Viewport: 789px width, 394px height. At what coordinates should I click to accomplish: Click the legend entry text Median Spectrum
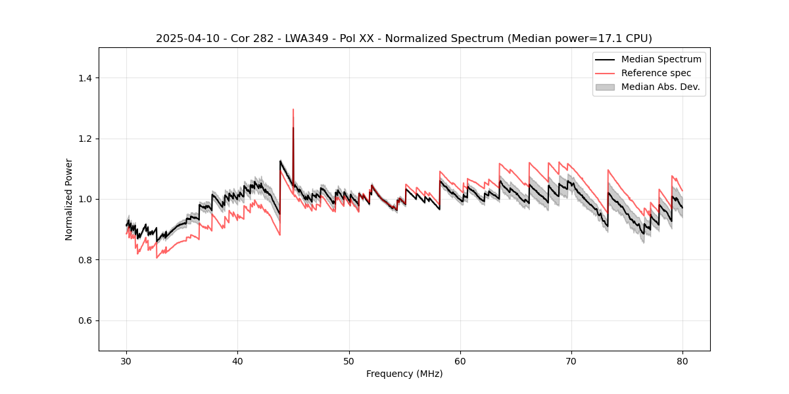tap(661, 59)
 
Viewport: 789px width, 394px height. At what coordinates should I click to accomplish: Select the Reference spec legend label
tap(656, 73)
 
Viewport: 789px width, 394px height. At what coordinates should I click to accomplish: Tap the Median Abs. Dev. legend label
tap(660, 87)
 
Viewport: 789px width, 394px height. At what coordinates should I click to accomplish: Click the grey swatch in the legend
tap(605, 87)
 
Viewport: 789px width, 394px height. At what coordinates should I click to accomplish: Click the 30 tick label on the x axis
tap(127, 361)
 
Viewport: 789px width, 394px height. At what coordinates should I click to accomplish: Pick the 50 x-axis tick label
tap(349, 361)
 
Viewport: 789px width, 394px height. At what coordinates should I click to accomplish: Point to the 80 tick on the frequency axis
tap(682, 361)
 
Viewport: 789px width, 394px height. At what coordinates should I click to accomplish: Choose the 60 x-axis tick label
tap(460, 361)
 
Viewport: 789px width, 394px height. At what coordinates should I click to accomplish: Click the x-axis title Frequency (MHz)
tap(404, 374)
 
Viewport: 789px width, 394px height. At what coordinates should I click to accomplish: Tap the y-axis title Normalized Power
tap(68, 199)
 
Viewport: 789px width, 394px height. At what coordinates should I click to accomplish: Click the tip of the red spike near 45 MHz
tap(293, 110)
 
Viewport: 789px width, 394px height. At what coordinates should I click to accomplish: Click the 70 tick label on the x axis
tap(571, 361)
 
